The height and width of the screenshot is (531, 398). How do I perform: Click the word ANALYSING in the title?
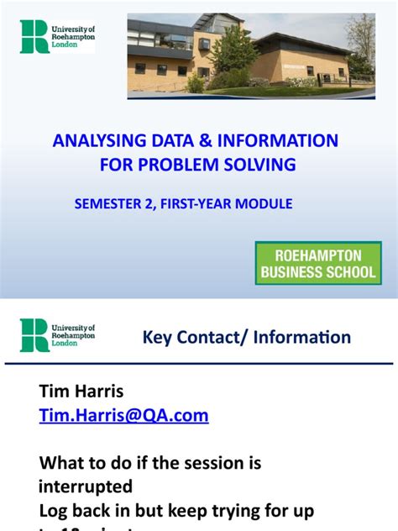[x=95, y=140]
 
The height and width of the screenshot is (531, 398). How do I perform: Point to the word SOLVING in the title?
[x=265, y=165]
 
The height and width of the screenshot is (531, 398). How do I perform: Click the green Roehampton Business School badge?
[x=318, y=263]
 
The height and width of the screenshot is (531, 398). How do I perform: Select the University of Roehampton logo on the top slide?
[x=57, y=36]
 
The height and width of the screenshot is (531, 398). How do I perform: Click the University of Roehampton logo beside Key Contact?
[x=57, y=334]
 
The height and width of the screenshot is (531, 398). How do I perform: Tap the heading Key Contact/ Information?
[x=247, y=338]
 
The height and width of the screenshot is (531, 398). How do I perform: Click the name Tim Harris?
[x=81, y=391]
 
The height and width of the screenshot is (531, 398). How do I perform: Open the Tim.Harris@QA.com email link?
[x=123, y=415]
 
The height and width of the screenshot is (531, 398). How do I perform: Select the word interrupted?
[x=85, y=486]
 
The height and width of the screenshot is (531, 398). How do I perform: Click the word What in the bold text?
[x=62, y=463]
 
